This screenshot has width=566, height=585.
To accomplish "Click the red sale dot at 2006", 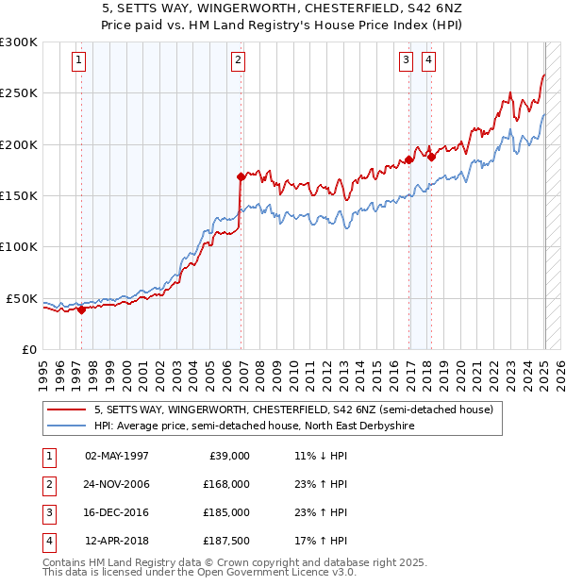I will pyautogui.click(x=241, y=176).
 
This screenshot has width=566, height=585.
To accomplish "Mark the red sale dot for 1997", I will pyautogui.click(x=81, y=309).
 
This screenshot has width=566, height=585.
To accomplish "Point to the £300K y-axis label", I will pyautogui.click(x=18, y=42).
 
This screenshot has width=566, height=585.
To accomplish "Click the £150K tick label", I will pyautogui.click(x=18, y=195).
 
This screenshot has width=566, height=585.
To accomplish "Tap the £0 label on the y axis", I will pyautogui.click(x=28, y=349).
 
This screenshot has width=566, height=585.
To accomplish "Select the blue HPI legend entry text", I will pyautogui.click(x=254, y=426).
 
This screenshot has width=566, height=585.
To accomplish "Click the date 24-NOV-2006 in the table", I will pyautogui.click(x=117, y=484).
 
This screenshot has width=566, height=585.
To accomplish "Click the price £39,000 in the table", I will pyautogui.click(x=228, y=456).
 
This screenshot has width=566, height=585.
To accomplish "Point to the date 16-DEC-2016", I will pyautogui.click(x=117, y=512).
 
